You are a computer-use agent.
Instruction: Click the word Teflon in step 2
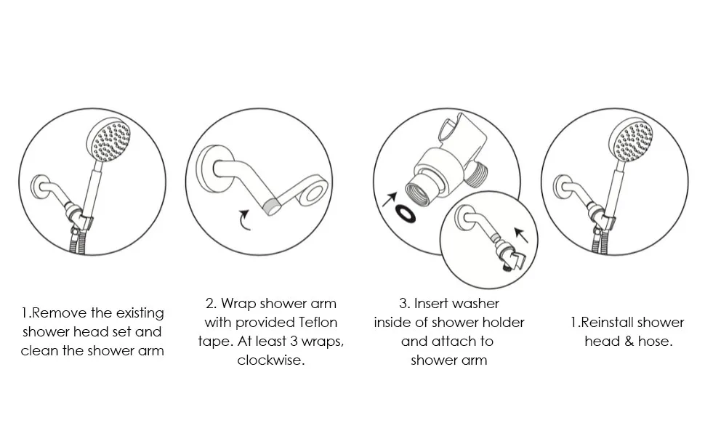pos(318,322)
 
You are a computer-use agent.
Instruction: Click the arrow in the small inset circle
pos(520,234)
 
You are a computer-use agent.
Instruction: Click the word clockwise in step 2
pos(270,360)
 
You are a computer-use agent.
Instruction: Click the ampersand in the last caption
pos(629,341)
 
